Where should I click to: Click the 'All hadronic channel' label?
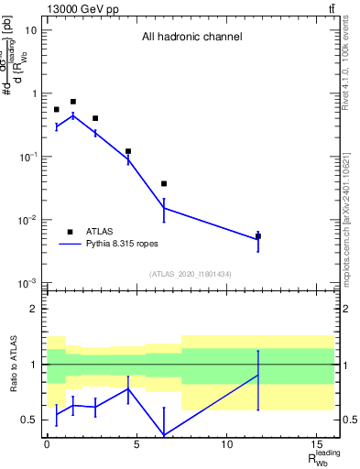191,38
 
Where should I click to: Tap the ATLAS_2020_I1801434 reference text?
191,274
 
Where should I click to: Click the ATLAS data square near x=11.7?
258,236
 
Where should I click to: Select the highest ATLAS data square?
73,102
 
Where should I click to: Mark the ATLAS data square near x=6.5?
164,184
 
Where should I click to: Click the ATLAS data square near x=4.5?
128,151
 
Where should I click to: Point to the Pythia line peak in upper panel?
73,115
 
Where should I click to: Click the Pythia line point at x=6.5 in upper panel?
164,208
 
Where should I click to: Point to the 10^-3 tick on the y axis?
28,283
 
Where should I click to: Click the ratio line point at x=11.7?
258,375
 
